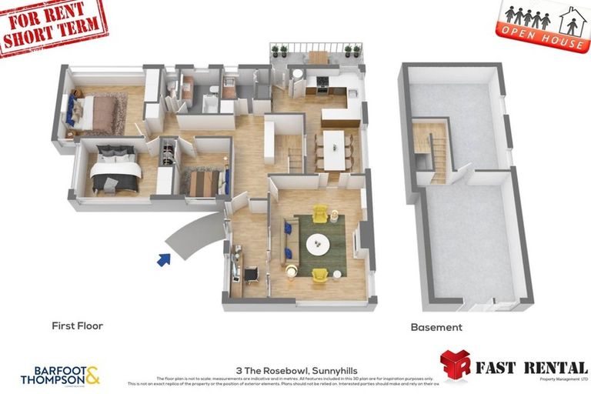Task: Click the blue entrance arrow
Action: coord(163,260)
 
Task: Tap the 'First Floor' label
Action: coord(77,326)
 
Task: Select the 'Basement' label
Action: coord(436,327)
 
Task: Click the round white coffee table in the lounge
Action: coord(318,245)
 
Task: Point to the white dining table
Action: coord(333,148)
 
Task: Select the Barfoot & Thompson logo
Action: coord(60,375)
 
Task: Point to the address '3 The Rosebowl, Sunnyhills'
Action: coord(295,370)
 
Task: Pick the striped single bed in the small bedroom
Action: coord(203,182)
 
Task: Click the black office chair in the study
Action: coord(251,273)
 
